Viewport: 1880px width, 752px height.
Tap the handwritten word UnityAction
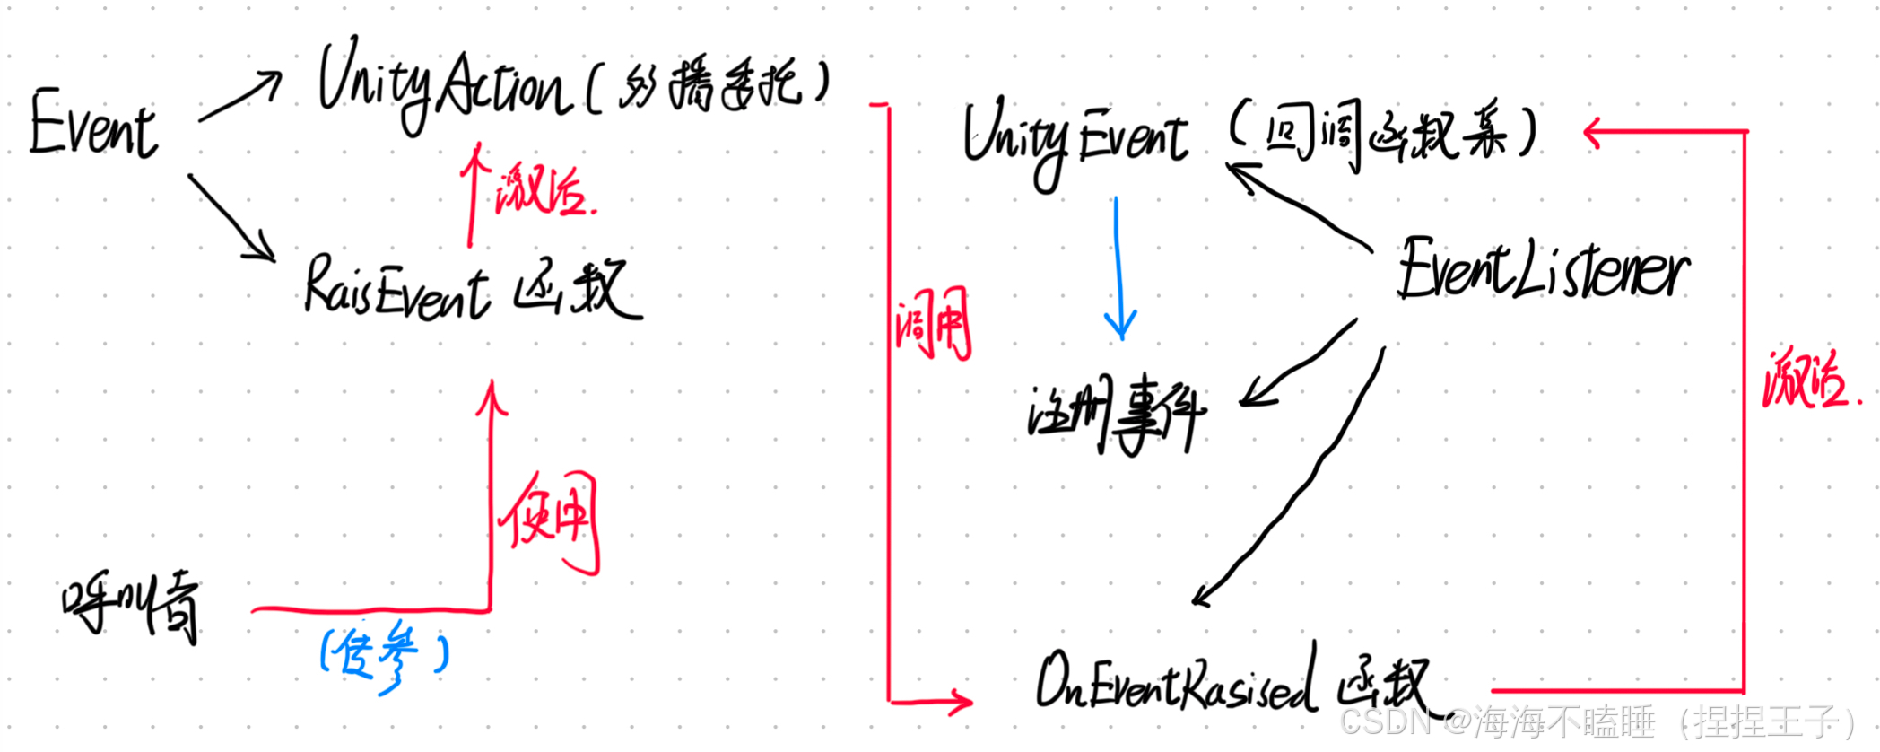pos(443,85)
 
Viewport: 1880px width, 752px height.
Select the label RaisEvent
pos(396,288)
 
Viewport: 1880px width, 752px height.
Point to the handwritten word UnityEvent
pos(1075,139)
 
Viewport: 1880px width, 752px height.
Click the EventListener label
pos(1542,269)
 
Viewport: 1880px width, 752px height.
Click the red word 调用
pos(933,324)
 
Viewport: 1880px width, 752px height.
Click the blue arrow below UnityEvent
pos(1118,268)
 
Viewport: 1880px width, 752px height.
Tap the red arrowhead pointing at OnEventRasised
pos(961,701)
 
